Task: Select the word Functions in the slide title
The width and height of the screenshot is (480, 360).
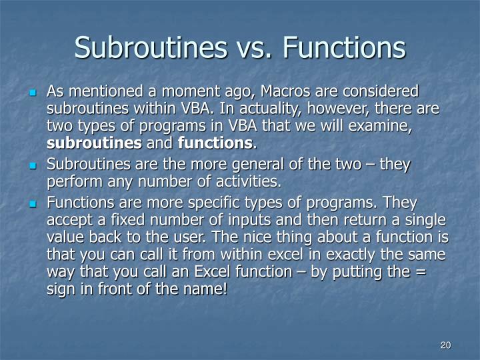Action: pos(344,48)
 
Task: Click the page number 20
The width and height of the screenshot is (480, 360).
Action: pos(446,345)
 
